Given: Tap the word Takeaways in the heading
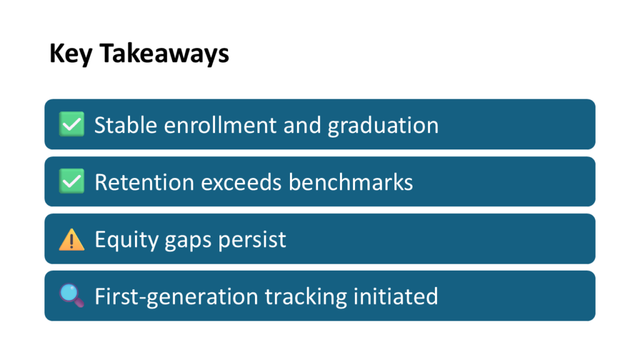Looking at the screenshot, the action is click(x=164, y=54).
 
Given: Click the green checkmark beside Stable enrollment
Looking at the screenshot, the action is click(x=72, y=124).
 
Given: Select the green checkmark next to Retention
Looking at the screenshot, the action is click(x=72, y=181).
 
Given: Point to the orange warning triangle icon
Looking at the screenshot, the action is click(x=72, y=239).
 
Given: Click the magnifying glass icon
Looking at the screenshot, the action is click(x=72, y=296).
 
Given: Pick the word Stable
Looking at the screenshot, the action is click(x=126, y=125).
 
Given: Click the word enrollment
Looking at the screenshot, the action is click(x=221, y=125).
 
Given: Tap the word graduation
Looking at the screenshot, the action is click(x=383, y=126).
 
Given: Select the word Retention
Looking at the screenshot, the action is click(x=144, y=182).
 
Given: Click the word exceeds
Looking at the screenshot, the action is click(x=241, y=182).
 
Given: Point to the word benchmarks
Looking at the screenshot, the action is click(x=351, y=182).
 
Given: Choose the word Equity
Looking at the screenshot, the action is click(x=126, y=240).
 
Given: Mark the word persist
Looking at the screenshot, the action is click(x=252, y=240).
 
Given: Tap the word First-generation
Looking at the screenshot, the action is click(x=176, y=297).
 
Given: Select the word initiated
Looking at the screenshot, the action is click(x=396, y=296).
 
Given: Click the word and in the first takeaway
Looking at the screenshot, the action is click(x=302, y=125).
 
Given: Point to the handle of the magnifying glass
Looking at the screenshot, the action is click(x=79, y=302).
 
